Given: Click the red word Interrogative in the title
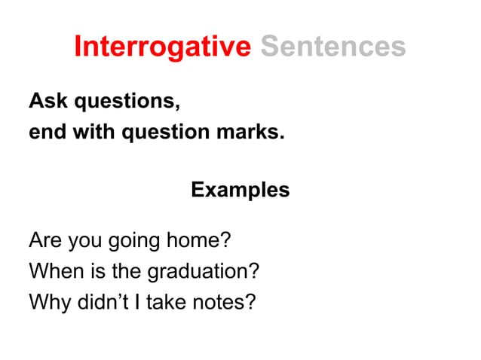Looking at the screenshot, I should (x=162, y=47).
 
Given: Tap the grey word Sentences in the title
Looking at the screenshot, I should (x=332, y=47).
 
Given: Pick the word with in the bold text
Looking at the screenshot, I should (x=81, y=132).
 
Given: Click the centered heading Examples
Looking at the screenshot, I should (x=240, y=190).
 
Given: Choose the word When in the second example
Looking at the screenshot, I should (x=54, y=271).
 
